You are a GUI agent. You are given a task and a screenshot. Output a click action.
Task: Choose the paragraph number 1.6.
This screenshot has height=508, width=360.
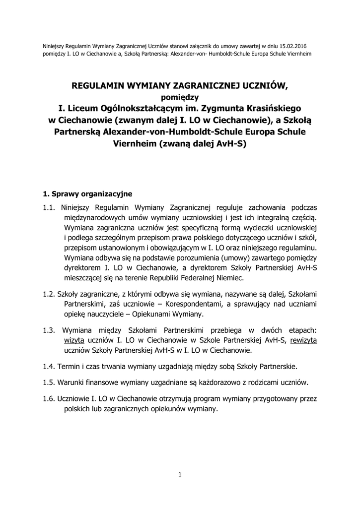click(x=49, y=399)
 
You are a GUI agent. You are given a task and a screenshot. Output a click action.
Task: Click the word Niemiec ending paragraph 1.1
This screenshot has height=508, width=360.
click(x=229, y=279)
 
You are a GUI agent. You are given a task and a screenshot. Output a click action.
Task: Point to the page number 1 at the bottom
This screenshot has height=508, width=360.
click(x=180, y=475)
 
